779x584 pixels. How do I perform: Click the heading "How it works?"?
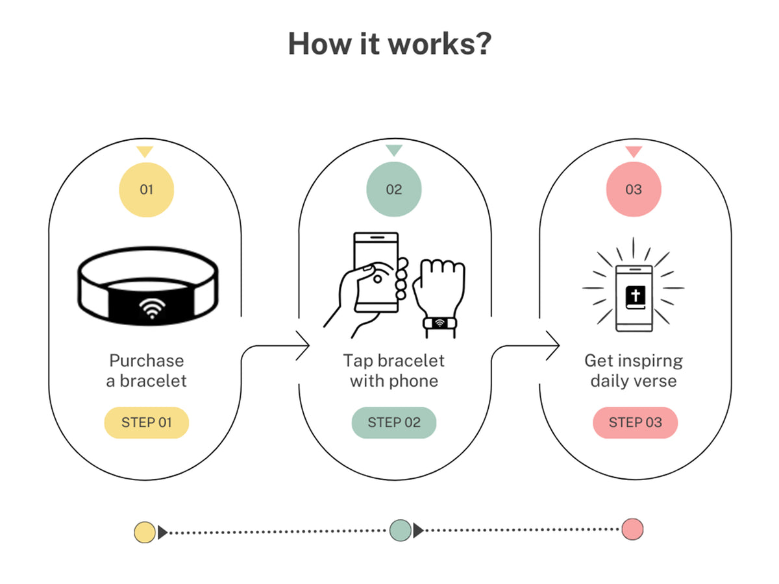click(x=389, y=43)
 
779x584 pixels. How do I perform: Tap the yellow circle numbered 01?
click(x=146, y=189)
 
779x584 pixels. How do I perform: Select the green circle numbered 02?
click(x=393, y=189)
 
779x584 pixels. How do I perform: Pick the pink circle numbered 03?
click(x=634, y=189)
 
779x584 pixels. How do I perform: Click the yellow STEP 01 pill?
click(x=147, y=422)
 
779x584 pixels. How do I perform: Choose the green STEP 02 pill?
click(x=394, y=422)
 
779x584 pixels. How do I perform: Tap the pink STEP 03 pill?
click(x=635, y=422)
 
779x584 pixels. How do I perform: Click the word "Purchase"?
click(x=147, y=361)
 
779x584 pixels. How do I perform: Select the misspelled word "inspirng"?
click(x=652, y=361)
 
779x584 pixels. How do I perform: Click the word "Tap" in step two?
click(x=356, y=361)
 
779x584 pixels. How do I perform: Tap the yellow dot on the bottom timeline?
click(x=145, y=532)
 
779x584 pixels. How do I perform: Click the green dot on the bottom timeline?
click(x=400, y=530)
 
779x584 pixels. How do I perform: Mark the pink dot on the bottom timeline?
click(x=632, y=529)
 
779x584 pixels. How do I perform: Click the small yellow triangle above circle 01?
click(x=145, y=151)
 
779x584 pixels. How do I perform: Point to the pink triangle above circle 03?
click(x=634, y=151)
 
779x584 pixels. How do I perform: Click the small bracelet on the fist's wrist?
click(x=439, y=322)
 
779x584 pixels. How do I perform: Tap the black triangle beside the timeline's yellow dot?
click(x=162, y=532)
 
